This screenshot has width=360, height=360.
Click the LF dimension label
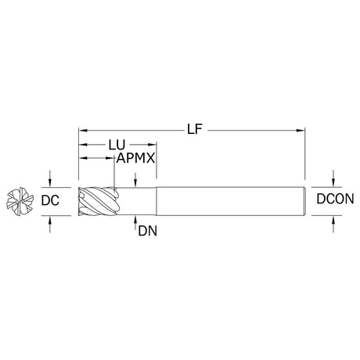click(195, 129)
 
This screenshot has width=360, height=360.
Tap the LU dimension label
click(117, 145)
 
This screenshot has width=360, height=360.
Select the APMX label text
click(135, 158)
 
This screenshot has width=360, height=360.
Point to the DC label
click(50, 200)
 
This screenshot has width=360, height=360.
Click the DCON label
click(335, 199)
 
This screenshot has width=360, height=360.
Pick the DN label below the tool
click(148, 231)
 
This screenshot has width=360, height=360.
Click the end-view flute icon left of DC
click(20, 201)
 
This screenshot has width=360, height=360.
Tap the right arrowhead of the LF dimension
click(301, 130)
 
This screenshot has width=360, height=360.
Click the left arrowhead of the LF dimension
click(83, 130)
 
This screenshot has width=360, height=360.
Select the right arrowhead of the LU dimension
click(152, 144)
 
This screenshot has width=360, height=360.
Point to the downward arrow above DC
click(50, 178)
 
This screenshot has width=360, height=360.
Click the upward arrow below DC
click(50, 224)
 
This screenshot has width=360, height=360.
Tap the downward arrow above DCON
click(333, 178)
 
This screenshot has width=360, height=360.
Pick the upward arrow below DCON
click(333, 224)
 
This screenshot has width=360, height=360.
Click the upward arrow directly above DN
click(135, 222)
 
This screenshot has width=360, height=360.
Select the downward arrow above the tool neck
click(135, 180)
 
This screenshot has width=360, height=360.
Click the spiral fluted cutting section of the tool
click(99, 201)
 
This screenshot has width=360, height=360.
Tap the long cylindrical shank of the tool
click(231, 201)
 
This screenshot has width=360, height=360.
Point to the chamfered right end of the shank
click(304, 201)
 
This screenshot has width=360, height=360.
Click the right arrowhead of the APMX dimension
click(110, 158)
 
